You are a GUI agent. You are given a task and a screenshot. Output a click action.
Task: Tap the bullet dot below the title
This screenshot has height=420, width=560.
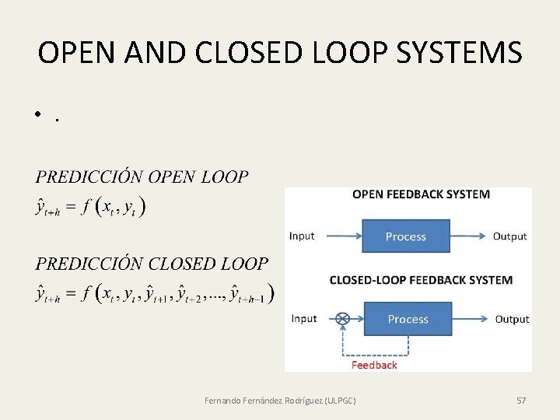tap(37, 117)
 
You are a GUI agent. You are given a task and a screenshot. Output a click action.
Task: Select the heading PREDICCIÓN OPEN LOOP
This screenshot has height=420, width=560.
tap(142, 177)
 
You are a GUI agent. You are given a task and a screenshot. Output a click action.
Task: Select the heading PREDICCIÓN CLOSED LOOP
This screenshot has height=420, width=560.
tap(152, 264)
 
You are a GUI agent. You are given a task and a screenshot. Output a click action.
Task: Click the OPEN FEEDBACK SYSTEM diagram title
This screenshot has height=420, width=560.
tap(421, 194)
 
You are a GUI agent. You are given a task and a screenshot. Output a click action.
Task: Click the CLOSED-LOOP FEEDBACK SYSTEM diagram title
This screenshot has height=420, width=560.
tap(421, 280)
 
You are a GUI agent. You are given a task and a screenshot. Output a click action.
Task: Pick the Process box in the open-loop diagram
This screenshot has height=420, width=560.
tap(406, 236)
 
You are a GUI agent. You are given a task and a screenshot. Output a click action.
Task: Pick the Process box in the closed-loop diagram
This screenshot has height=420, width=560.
tap(408, 320)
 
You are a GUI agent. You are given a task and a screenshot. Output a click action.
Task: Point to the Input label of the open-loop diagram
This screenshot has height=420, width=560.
tap(302, 236)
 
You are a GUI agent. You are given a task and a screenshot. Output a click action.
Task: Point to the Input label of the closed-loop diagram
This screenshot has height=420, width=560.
tap(304, 319)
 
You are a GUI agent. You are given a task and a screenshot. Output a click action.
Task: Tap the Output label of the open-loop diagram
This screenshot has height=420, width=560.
tap(509, 236)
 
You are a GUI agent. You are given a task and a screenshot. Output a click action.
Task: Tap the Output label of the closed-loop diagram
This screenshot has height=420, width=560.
tap(512, 320)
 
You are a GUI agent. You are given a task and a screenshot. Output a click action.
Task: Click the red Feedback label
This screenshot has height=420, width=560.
tap(374, 365)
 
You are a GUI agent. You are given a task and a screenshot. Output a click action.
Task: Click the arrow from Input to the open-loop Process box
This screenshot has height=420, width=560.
tap(340, 236)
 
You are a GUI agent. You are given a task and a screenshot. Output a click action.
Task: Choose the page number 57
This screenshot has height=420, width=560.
tap(521, 401)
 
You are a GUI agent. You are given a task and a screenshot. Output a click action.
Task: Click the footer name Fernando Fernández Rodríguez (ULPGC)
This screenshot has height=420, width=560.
tap(280, 401)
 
